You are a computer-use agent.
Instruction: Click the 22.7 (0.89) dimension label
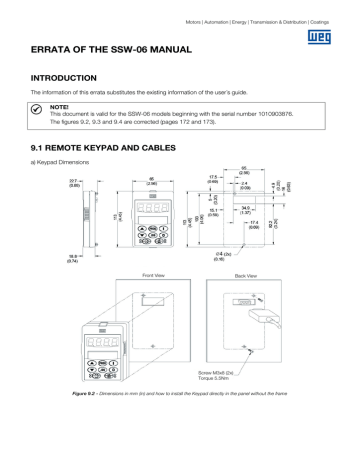[47, 183]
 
